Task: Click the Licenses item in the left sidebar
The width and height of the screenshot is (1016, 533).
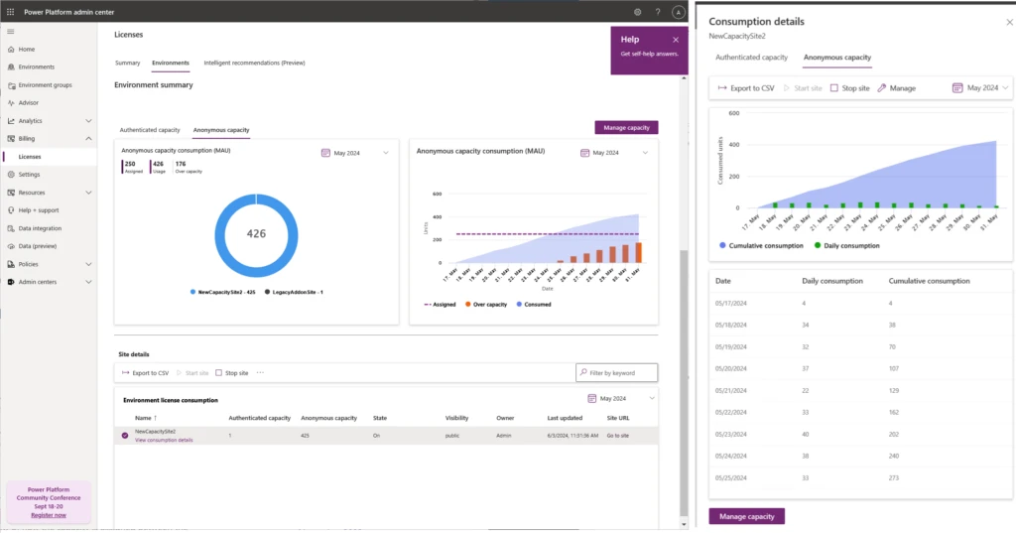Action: click(x=30, y=157)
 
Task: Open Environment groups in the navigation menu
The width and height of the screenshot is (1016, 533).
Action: click(x=45, y=85)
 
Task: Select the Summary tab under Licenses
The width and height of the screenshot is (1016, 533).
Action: click(x=127, y=63)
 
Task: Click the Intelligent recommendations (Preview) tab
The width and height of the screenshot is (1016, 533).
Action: click(x=254, y=63)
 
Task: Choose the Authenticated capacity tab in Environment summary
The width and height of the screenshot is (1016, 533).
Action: click(x=150, y=130)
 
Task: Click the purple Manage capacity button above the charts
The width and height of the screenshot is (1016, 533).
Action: click(x=626, y=128)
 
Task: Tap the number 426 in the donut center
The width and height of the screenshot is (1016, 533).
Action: click(x=256, y=234)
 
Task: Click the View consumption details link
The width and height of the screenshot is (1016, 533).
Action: click(x=164, y=440)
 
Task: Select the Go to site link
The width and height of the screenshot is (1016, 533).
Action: click(x=618, y=436)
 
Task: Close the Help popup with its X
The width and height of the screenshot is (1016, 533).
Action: click(x=676, y=40)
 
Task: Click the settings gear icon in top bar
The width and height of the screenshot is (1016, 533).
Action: click(x=637, y=12)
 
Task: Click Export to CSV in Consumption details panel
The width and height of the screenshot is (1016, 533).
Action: click(x=746, y=88)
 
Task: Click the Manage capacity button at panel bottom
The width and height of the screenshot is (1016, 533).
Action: click(x=746, y=516)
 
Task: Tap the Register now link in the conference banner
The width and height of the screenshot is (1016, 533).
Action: click(x=49, y=515)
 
